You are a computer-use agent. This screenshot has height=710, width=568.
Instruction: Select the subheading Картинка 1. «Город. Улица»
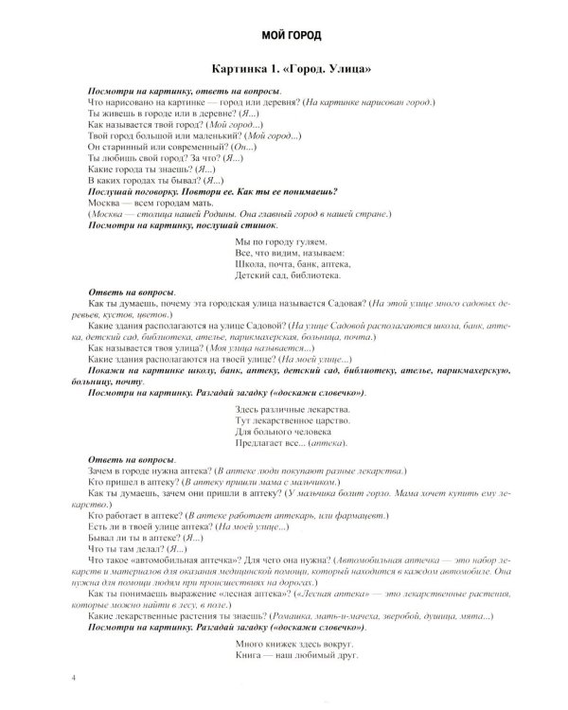284,71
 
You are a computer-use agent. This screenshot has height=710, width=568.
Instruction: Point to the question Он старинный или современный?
151,147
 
